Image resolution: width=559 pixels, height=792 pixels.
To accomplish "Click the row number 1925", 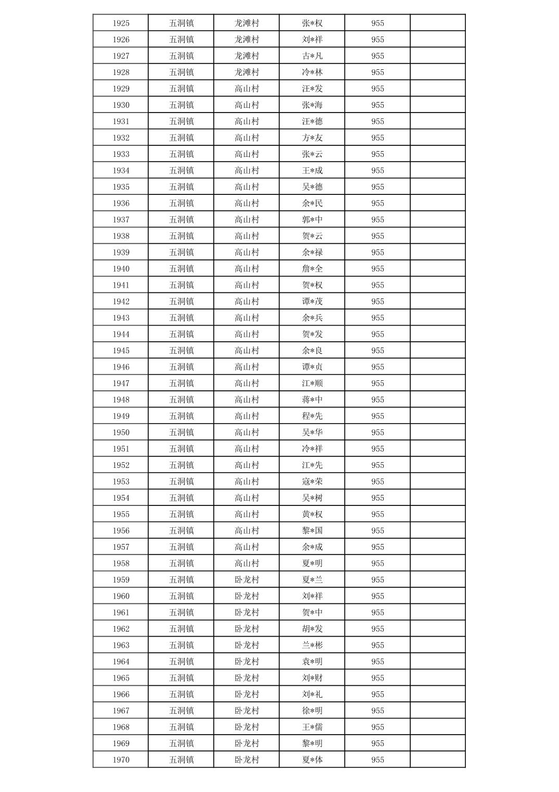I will point(121,23).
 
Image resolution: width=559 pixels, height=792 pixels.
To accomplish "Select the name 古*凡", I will point(312,56).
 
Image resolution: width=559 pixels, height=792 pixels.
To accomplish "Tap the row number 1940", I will point(121,269).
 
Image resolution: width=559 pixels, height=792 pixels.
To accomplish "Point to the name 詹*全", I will point(312,269).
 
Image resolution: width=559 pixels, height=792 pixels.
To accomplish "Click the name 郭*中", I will point(312,219).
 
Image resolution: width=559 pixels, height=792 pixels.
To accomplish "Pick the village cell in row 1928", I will point(247,72).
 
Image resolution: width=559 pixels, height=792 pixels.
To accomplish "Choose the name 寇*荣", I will point(312,481).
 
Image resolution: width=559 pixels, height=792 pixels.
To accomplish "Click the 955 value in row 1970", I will point(377,760).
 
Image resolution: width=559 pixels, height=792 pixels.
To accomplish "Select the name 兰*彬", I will point(312,645).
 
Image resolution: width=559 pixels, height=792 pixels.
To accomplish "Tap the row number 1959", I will point(121,579).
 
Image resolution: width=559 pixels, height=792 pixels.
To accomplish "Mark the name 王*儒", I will point(312,727).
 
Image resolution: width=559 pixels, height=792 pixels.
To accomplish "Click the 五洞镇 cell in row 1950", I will point(181,432).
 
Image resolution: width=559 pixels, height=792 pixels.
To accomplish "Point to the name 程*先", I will point(312,416).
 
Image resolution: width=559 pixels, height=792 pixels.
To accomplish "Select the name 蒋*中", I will point(312,400).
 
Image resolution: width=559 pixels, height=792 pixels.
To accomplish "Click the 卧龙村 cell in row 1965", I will point(247,678).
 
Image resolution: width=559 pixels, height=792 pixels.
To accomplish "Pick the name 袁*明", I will point(312,662).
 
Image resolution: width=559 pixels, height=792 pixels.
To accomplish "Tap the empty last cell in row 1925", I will point(438,23).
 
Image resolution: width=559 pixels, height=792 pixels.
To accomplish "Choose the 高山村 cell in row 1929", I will point(247,89).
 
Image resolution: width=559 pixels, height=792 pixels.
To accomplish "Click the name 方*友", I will point(312,138).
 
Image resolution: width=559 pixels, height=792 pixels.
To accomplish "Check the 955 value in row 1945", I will point(377,351).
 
